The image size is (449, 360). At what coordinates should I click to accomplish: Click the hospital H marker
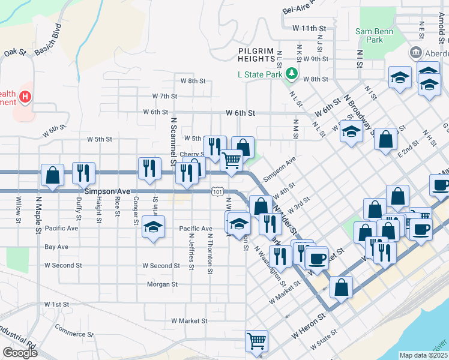pos(25,96)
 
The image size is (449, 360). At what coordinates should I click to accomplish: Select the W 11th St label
pos(309,28)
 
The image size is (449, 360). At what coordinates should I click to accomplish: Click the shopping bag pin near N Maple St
pos(53,176)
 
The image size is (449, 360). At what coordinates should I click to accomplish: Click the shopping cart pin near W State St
pos(257,341)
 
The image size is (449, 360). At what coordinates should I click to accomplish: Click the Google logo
pos(20,353)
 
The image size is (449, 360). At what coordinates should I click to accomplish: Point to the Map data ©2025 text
pos(424,355)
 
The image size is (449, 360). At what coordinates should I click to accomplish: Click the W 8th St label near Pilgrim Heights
pos(193,80)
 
